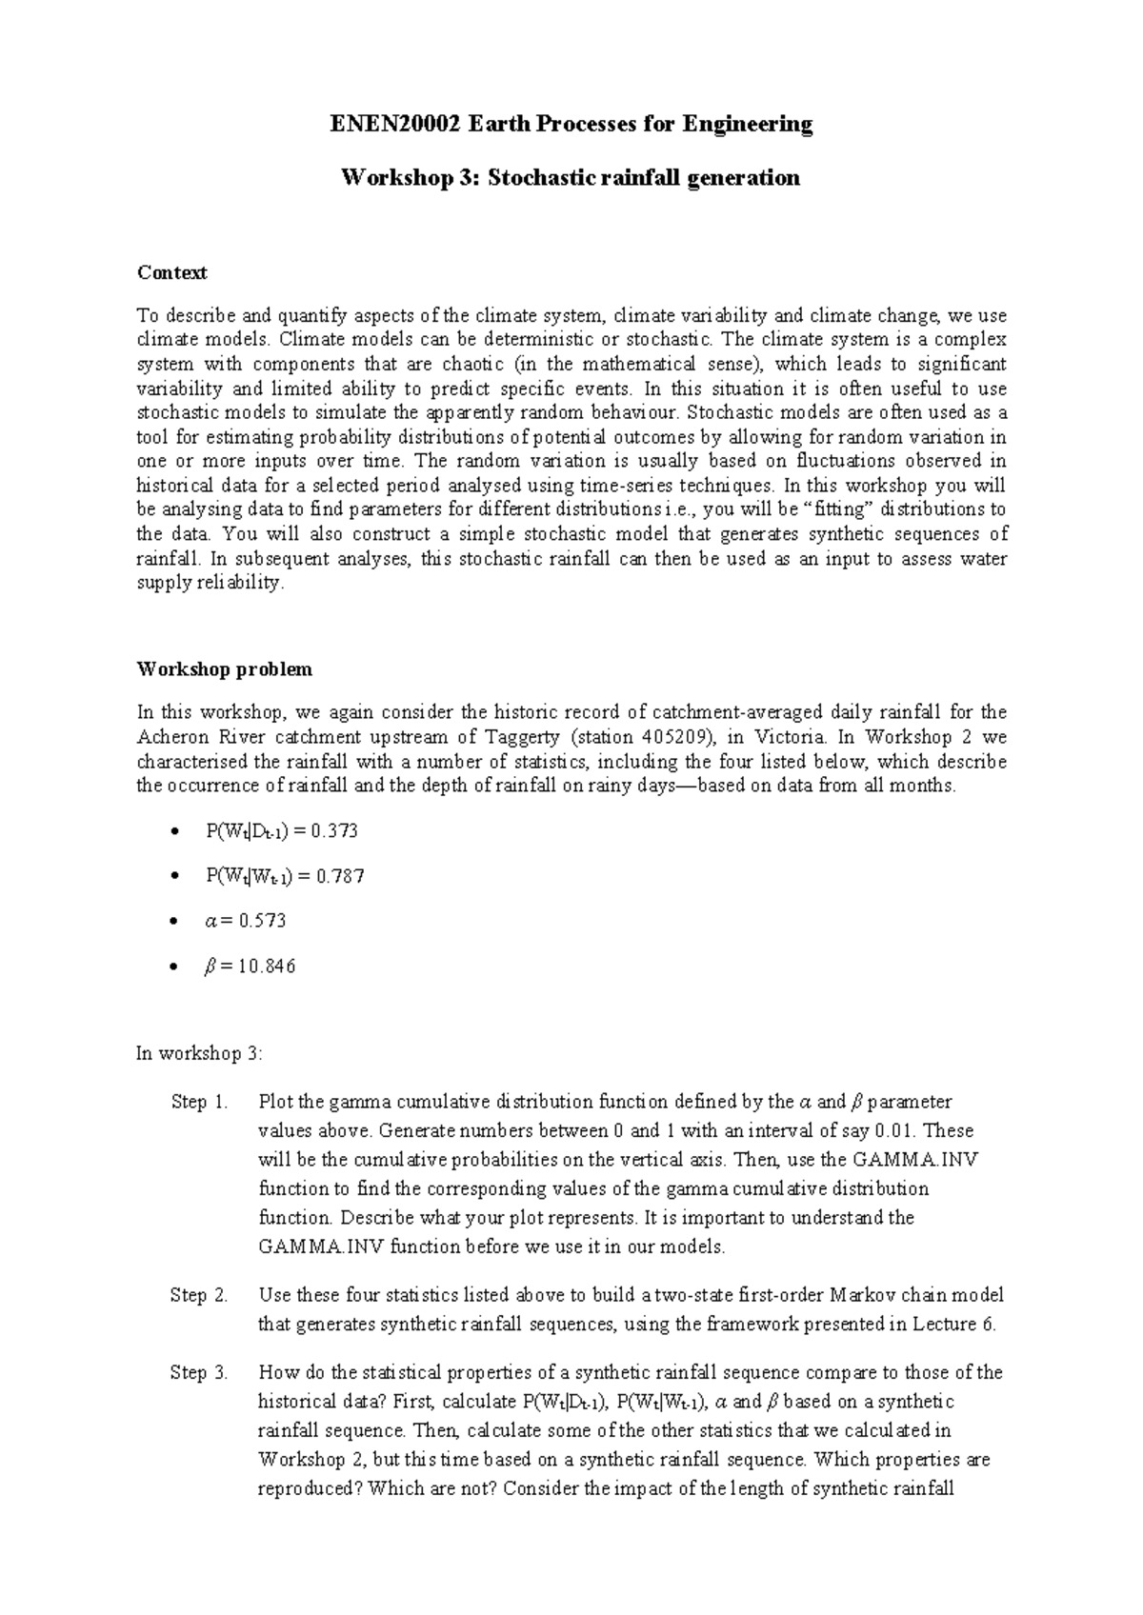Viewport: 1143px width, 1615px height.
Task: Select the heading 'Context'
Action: click(171, 273)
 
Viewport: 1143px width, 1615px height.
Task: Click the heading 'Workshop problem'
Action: click(224, 669)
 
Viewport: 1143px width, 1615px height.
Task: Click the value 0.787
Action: click(341, 876)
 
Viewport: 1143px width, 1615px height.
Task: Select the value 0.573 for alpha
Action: click(263, 921)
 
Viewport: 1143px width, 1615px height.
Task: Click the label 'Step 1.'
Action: click(199, 1103)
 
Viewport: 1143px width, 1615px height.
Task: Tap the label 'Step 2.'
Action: click(199, 1295)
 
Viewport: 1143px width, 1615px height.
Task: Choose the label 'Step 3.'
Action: click(199, 1373)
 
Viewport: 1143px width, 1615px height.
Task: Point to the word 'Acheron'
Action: click(169, 737)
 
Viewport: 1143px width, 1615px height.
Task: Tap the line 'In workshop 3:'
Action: click(199, 1054)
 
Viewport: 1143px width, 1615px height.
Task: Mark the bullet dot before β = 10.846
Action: click(172, 967)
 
